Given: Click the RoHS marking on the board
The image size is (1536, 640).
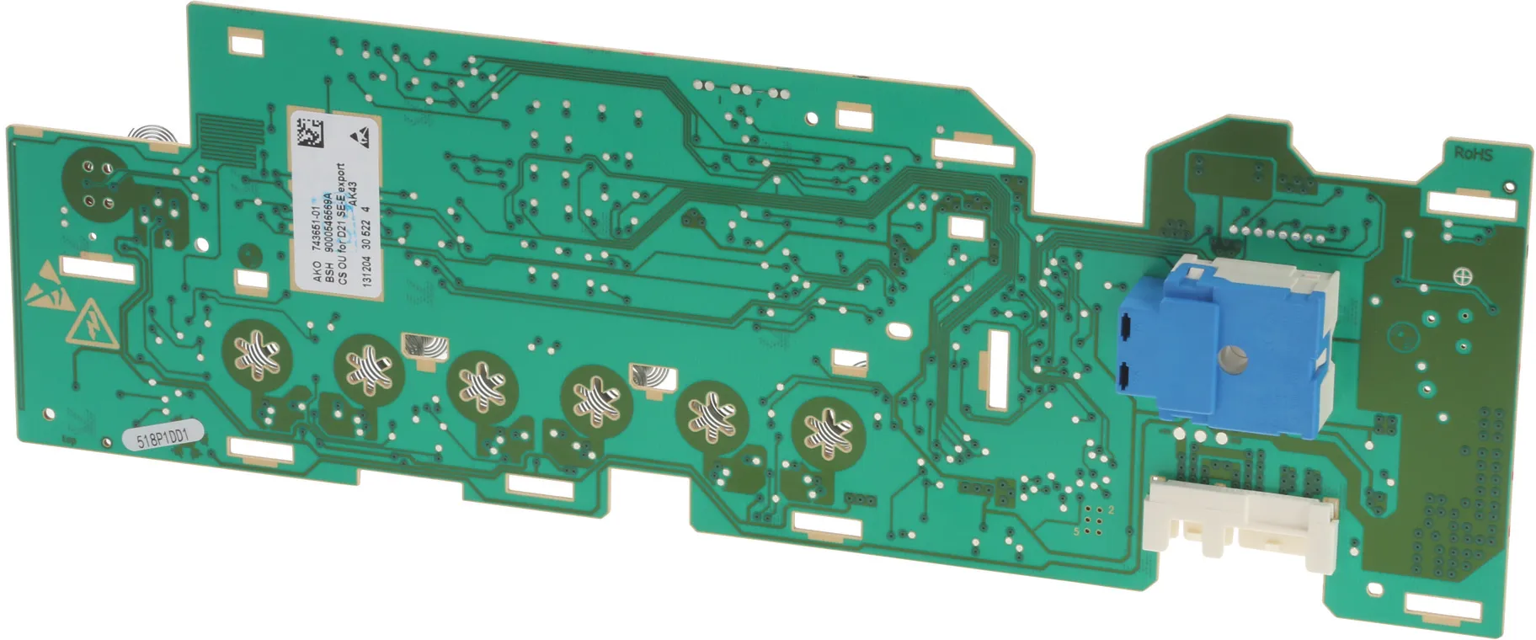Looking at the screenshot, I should click(x=1473, y=154).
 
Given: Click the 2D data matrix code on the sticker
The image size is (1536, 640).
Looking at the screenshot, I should click(x=307, y=134).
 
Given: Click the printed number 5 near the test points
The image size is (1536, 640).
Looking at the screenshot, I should click(x=1076, y=531).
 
